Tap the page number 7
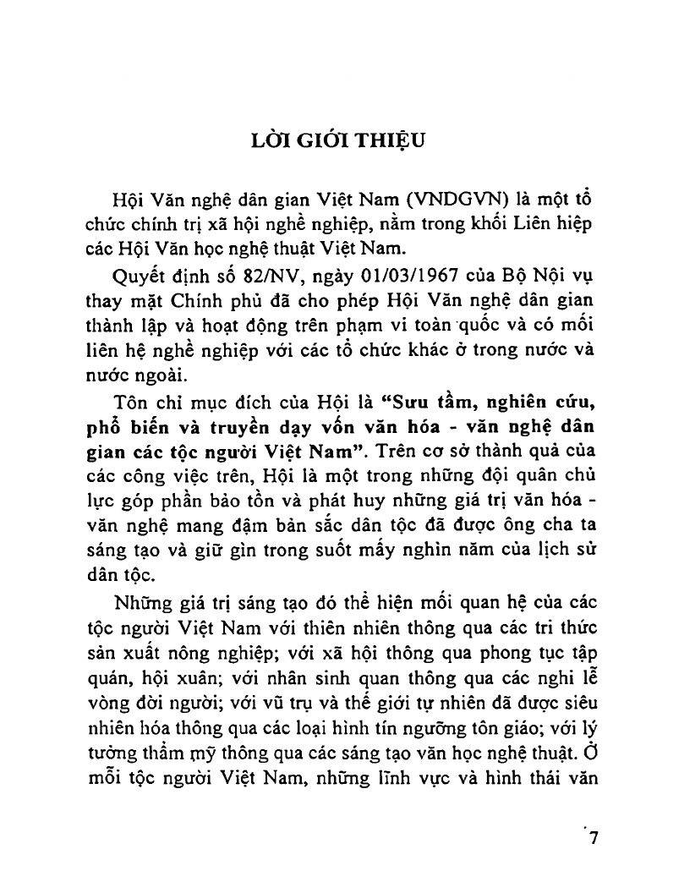coord(592,840)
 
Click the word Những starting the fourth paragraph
coord(145,603)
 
